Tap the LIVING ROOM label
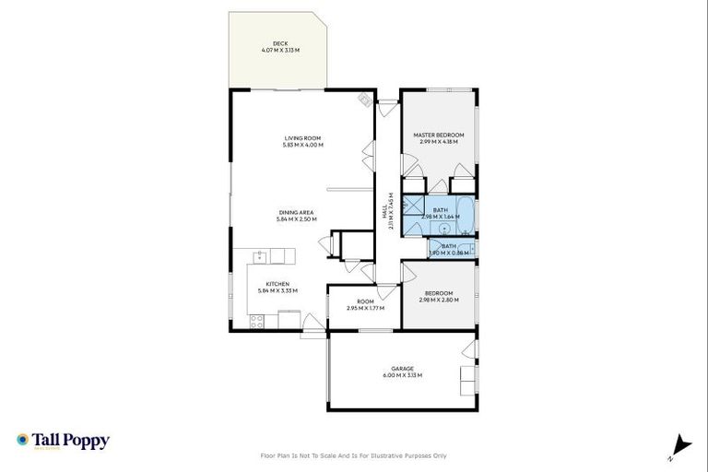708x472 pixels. tap(302, 138)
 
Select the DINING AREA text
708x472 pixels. tap(296, 212)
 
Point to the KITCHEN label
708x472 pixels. tap(277, 283)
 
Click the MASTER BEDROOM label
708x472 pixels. tap(439, 135)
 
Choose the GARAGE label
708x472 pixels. tap(402, 369)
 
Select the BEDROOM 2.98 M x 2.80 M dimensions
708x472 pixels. tap(439, 300)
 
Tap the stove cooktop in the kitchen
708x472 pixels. tap(257, 321)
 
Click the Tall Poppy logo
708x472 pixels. tap(63, 441)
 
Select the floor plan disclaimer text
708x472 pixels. tap(354, 455)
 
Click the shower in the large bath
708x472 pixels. tap(416, 206)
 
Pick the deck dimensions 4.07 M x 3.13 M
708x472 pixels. tap(279, 50)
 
